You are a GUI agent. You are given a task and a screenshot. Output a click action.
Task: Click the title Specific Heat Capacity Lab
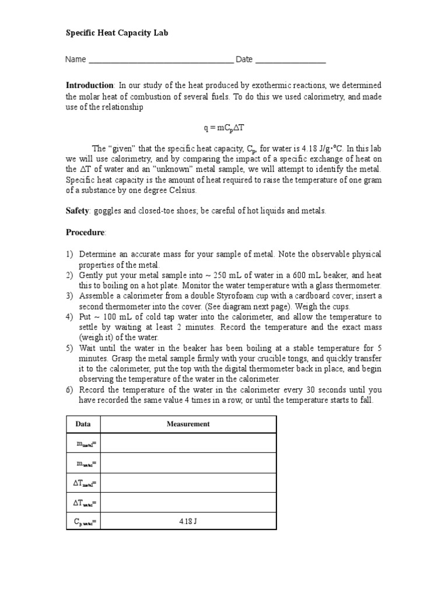117,33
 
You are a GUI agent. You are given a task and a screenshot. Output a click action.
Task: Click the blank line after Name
160,61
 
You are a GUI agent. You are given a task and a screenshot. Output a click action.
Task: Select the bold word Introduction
89,86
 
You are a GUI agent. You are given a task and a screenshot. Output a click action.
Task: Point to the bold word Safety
77,210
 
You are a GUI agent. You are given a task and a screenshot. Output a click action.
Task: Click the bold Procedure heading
85,232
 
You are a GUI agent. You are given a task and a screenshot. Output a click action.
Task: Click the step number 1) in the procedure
69,255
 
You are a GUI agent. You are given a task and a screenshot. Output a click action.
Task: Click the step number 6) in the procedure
69,390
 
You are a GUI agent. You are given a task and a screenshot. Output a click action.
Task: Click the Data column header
83,424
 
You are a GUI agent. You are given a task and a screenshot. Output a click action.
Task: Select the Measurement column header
188,424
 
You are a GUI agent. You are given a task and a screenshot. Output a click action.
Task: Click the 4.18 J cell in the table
188,521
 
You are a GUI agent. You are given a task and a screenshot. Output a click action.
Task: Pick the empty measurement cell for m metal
188,443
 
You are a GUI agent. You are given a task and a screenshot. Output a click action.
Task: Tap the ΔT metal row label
84,483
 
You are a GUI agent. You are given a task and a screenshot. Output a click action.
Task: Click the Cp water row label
84,521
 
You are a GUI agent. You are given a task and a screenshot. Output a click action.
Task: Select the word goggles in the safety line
107,210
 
